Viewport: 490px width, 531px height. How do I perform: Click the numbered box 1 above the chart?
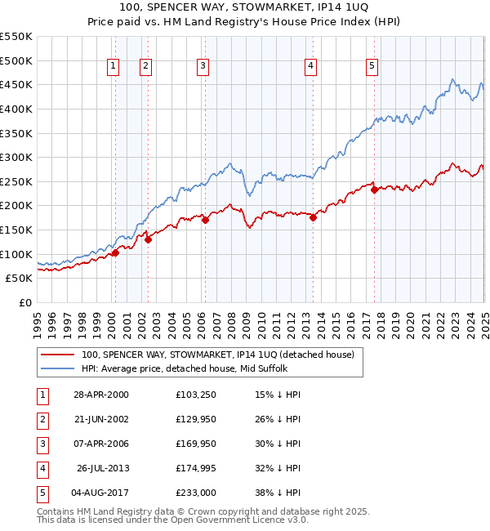112,67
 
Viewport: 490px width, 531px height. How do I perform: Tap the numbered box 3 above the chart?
202,67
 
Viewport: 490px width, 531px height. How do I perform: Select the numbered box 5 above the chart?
372,67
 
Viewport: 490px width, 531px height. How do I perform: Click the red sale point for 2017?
374,190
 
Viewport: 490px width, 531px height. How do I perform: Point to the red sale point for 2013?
313,217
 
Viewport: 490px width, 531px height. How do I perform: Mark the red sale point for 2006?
205,220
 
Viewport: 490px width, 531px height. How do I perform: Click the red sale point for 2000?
115,252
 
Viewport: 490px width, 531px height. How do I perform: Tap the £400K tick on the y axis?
16,109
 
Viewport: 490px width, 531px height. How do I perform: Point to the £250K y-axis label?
16,181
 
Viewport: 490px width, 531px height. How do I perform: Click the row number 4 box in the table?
42,468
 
